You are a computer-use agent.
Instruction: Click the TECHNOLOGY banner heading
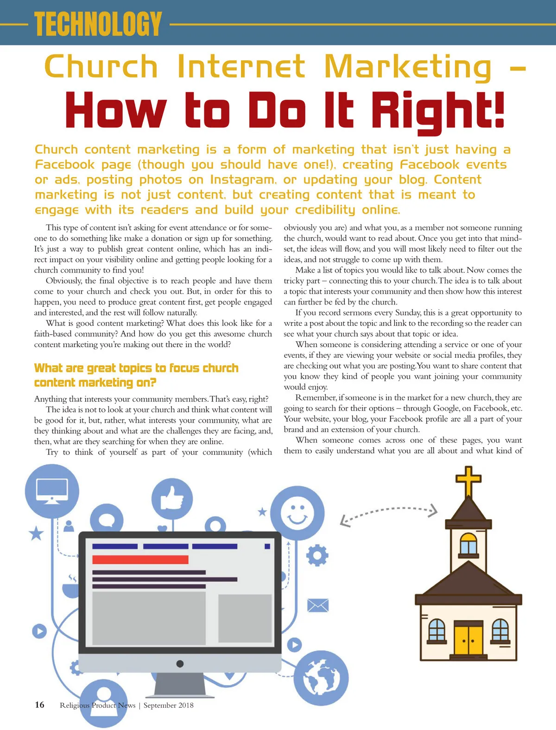coord(98,24)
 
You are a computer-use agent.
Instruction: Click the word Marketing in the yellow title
coord(408,68)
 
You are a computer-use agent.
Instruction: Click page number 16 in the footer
coord(39,705)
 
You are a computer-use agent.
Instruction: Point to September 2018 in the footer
coord(169,705)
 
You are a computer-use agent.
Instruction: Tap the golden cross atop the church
coord(468,481)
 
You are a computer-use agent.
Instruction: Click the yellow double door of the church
coord(468,640)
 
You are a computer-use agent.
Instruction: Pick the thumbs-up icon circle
coord(172,499)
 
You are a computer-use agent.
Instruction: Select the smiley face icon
coord(297,512)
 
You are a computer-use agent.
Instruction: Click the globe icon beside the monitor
coord(322,678)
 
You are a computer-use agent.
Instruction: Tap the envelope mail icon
coord(318,605)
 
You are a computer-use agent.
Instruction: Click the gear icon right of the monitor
coord(317,555)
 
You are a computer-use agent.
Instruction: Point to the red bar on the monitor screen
coord(140,559)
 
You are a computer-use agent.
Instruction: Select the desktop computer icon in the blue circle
coord(52,491)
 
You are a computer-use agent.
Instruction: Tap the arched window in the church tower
coord(468,543)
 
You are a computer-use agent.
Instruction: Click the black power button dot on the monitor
coord(180,664)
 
